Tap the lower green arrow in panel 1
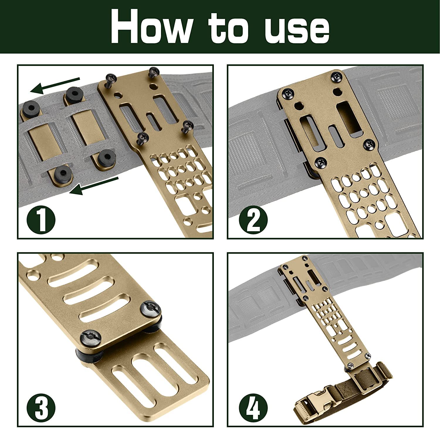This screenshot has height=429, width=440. coord(94,185)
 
